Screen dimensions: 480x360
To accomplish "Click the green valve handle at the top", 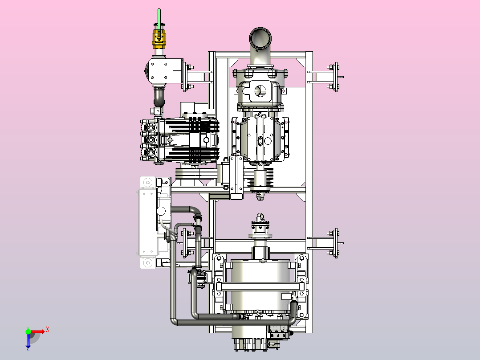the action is click(159, 19).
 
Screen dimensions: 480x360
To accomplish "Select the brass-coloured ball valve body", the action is click(159, 39).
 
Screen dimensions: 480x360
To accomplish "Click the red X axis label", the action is click(48, 329).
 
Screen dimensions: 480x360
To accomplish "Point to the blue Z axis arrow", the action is click(28, 341).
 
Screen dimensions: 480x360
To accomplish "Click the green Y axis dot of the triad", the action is click(28, 331).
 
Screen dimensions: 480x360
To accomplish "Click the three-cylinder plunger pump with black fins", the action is click(179, 140).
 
